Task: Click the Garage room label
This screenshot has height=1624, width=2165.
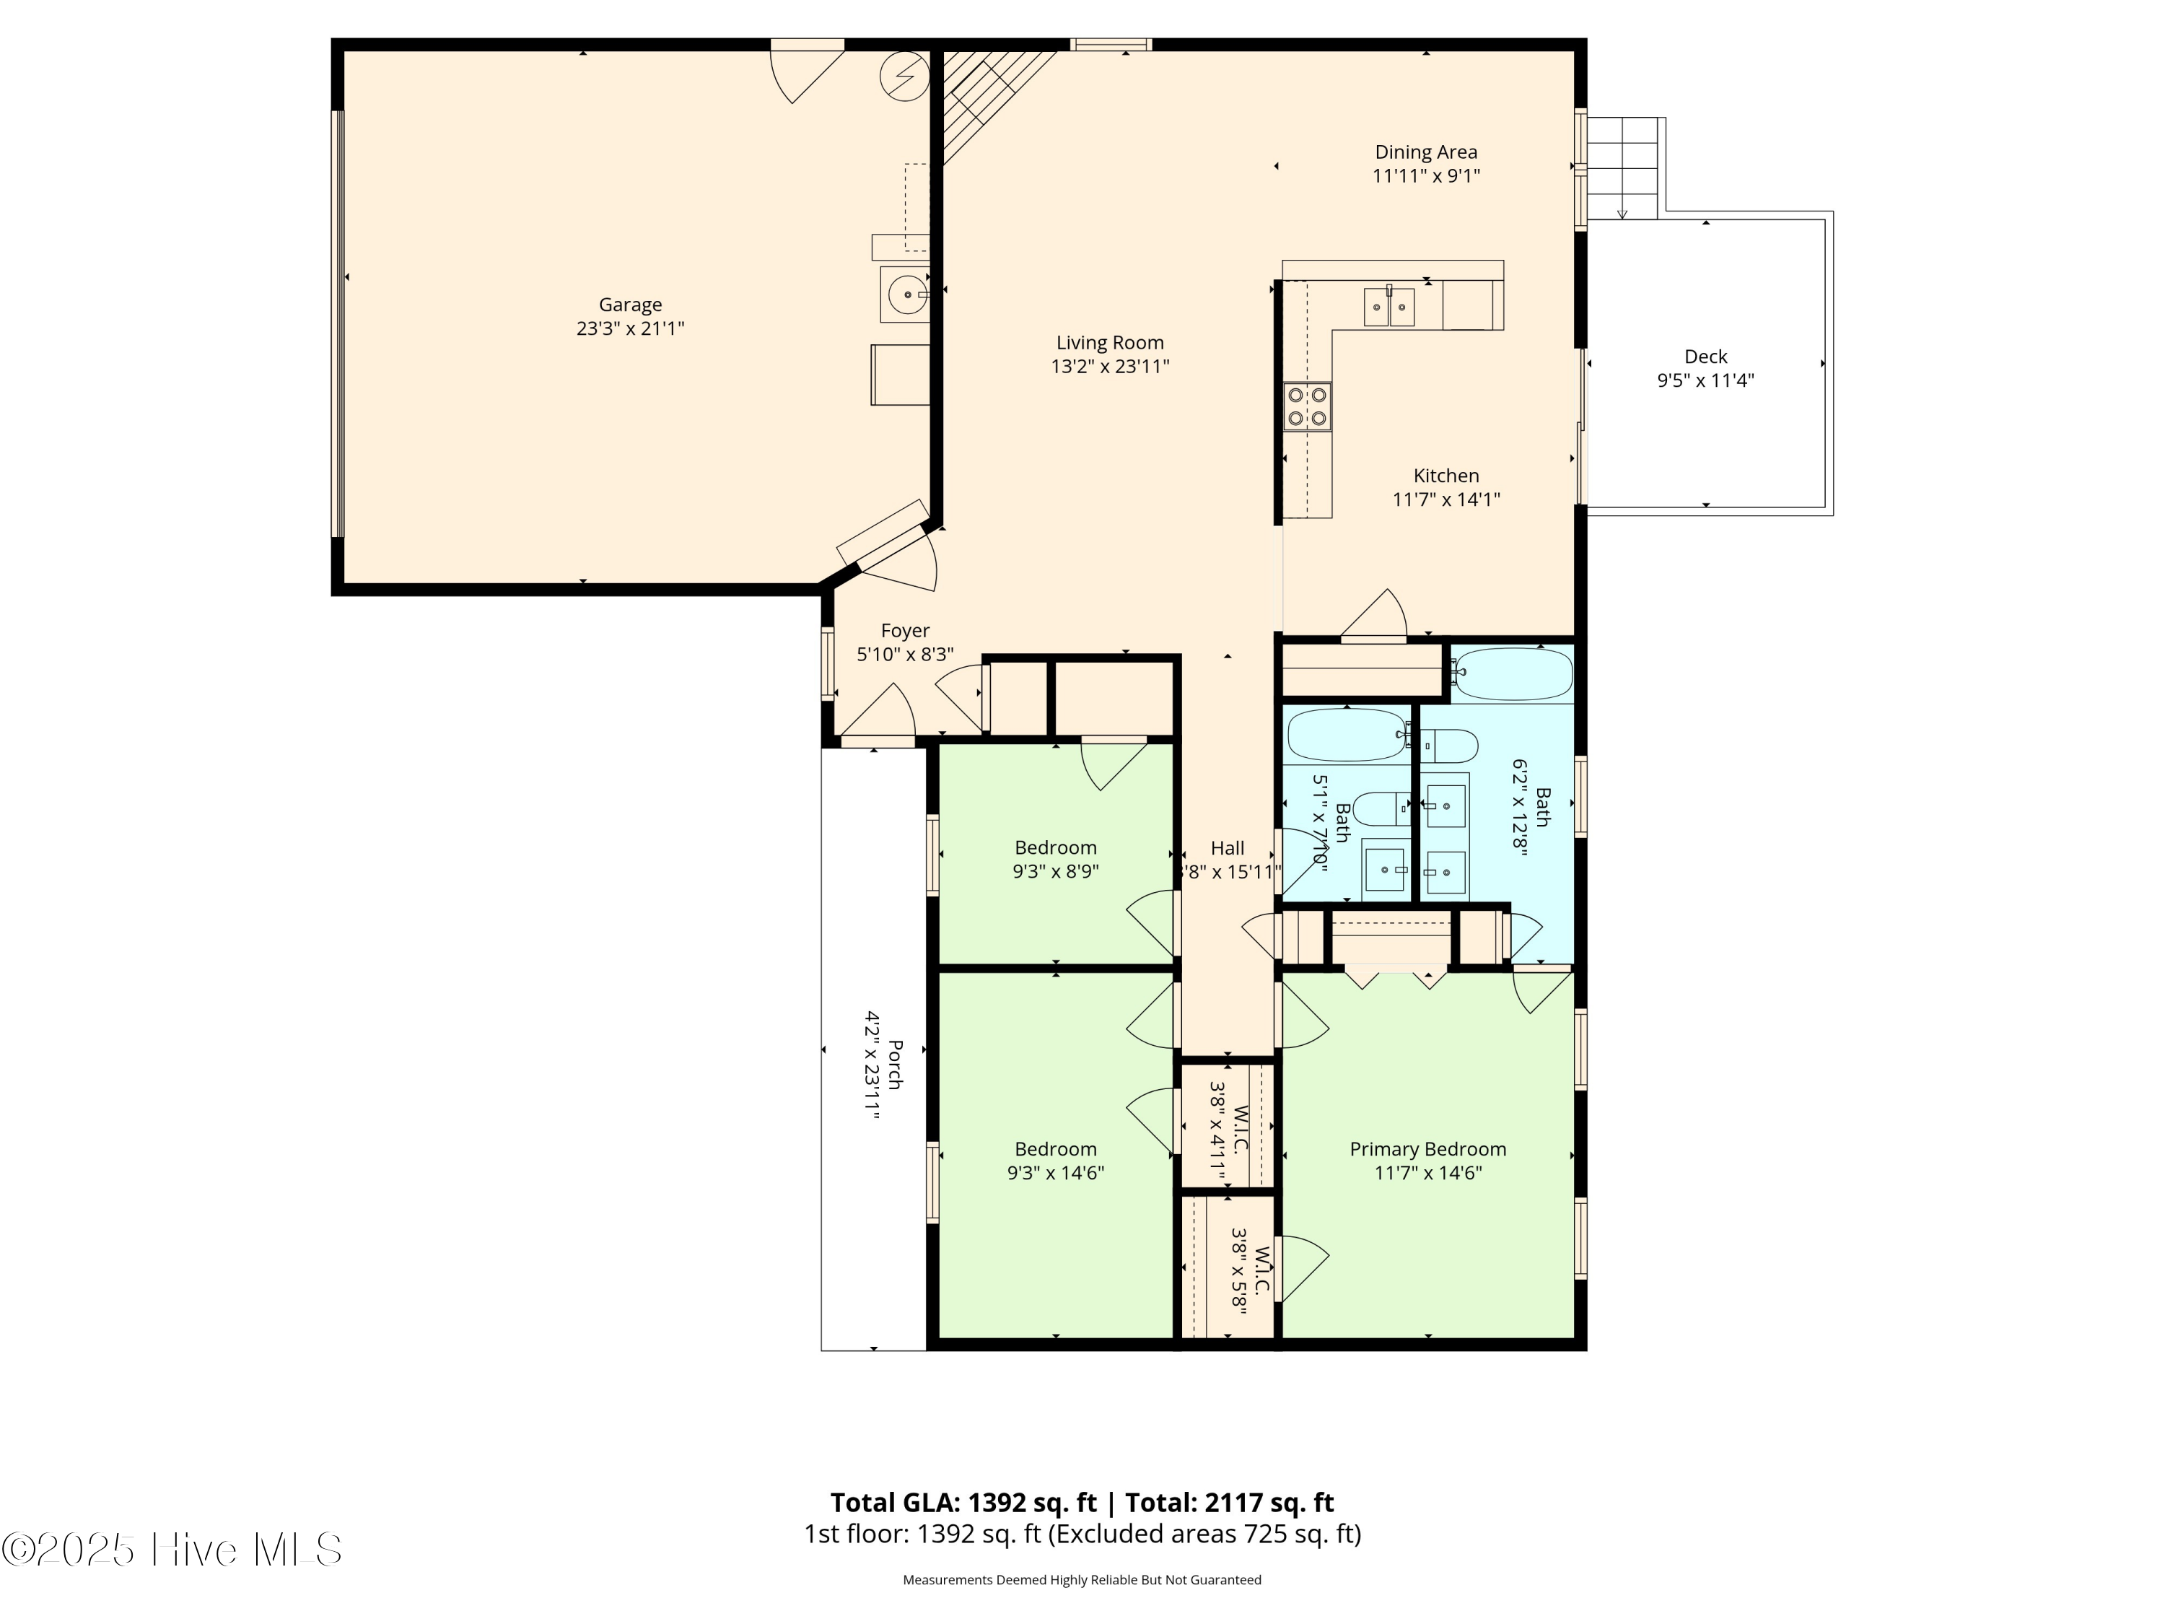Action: click(630, 305)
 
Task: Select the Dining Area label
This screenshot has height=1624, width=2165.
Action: click(1426, 152)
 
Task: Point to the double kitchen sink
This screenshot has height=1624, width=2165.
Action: click(1389, 307)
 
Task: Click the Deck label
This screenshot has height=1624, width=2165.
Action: click(1705, 357)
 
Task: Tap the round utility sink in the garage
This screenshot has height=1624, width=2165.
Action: click(907, 294)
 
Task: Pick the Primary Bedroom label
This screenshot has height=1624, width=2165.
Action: click(1427, 1149)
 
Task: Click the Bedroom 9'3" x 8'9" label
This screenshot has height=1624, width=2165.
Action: click(1055, 848)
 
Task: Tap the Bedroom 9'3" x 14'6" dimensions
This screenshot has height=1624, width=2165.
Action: click(1055, 1173)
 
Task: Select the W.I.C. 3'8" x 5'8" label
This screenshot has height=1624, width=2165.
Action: click(1251, 1270)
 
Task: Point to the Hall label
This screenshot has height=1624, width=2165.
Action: click(1228, 849)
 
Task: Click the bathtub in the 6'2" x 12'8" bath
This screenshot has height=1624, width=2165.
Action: click(1512, 673)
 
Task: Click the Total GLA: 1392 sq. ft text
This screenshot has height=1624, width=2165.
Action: click(963, 1503)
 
